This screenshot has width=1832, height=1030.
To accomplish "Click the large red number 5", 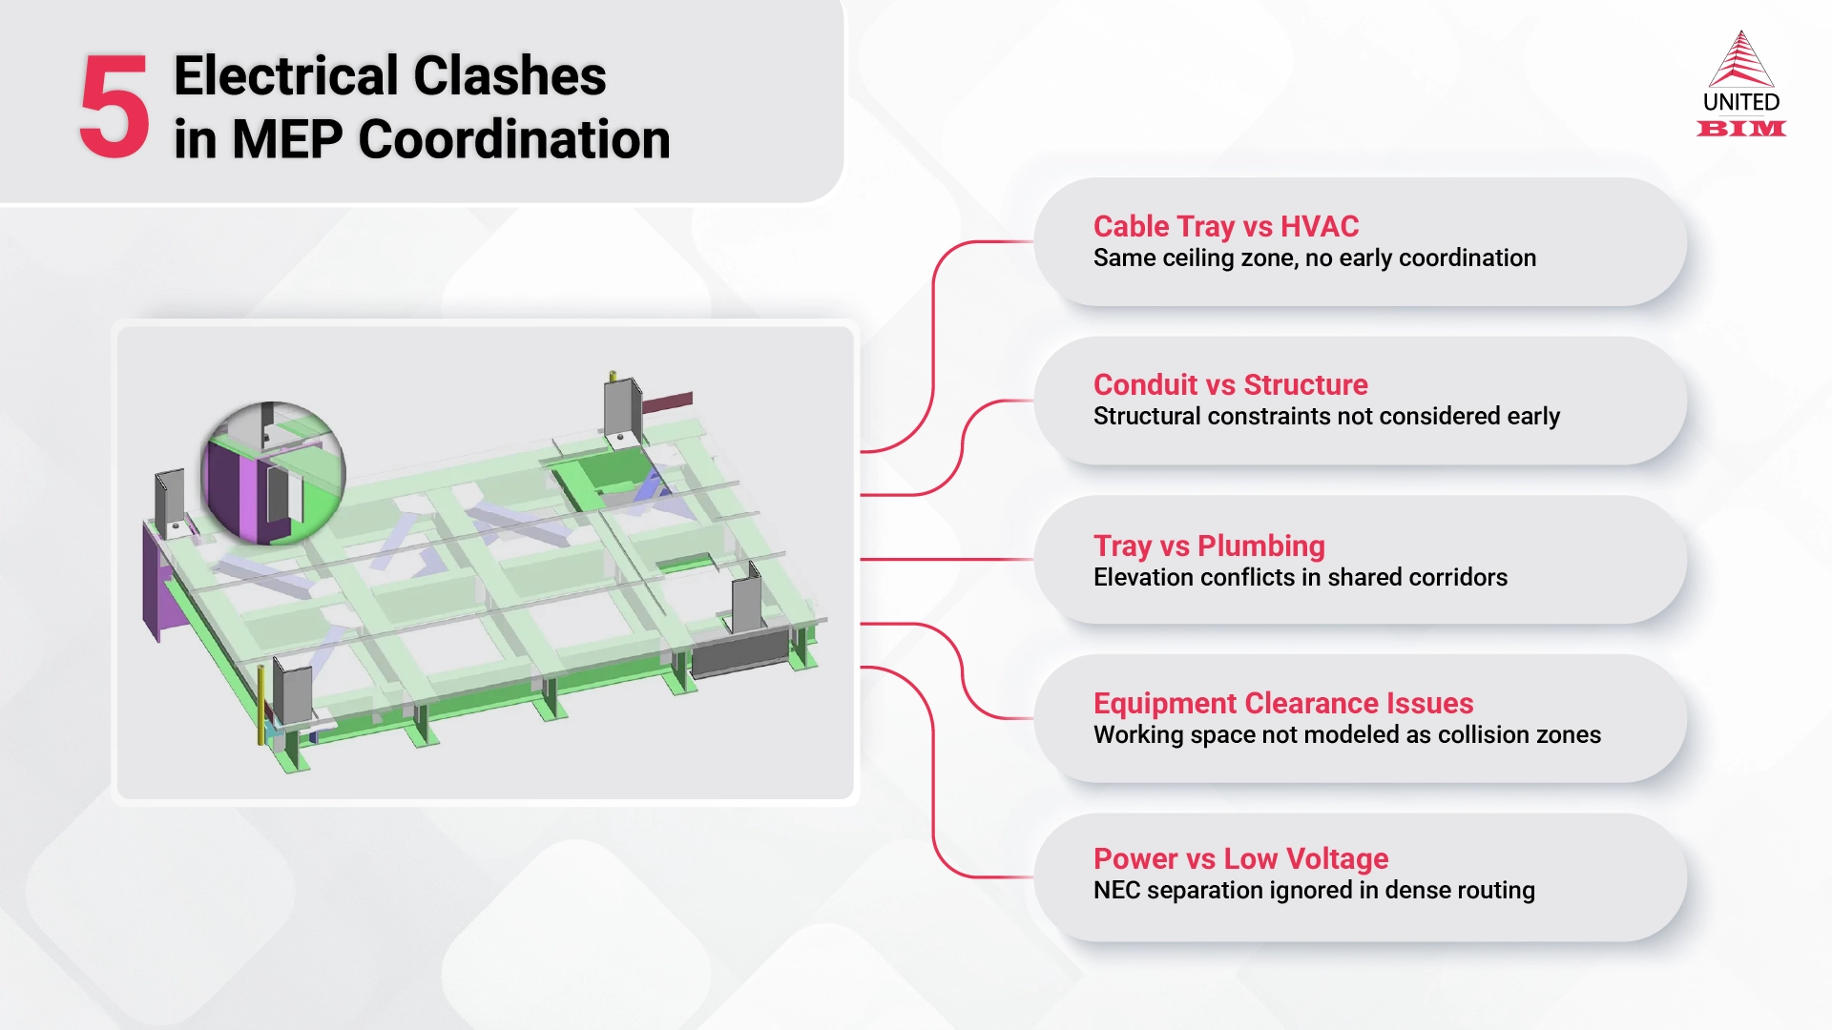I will point(114,107).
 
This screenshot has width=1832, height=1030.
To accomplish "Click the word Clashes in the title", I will point(510,76).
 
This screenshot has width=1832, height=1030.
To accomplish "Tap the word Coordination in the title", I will point(514,140).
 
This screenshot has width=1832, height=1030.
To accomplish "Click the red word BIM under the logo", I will point(1740,129).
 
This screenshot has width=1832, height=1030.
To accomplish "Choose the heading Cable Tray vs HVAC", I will point(1225,227).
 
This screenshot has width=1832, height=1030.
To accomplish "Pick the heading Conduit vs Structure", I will point(1230,385).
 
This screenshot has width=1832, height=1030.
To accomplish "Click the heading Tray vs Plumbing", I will point(1208,546).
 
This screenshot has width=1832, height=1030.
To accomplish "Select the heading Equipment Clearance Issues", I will point(1282,704).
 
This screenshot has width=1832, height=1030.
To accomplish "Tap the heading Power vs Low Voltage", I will point(1240,859).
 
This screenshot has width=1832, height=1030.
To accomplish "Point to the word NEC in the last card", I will point(1116,891).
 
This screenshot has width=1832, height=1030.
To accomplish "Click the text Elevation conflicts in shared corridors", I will point(1300,578).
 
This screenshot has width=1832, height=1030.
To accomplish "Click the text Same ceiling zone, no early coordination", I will point(1314,258).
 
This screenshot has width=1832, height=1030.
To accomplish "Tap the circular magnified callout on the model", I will point(273,473).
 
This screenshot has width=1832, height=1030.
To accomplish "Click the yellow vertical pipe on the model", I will point(260,706).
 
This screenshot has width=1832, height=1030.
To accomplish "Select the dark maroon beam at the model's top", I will point(667,403).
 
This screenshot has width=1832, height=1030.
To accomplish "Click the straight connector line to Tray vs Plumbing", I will point(945,560).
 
